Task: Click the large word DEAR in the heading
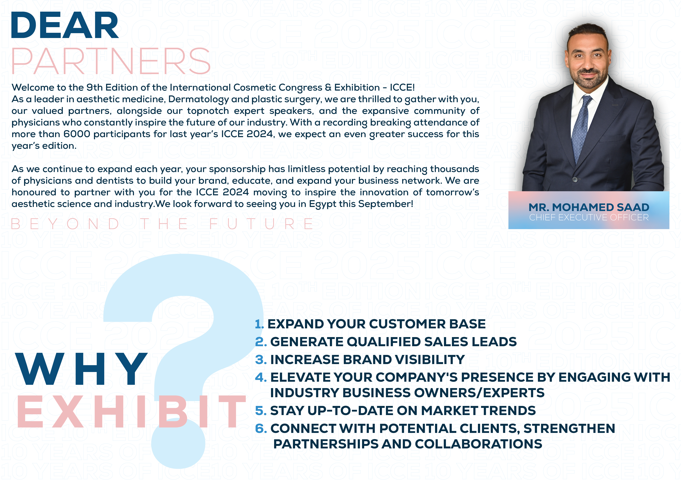point(65,25)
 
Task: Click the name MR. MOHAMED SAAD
point(589,207)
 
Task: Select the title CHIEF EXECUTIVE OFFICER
point(589,218)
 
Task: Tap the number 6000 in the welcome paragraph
point(77,134)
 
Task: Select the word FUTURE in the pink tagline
point(261,224)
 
